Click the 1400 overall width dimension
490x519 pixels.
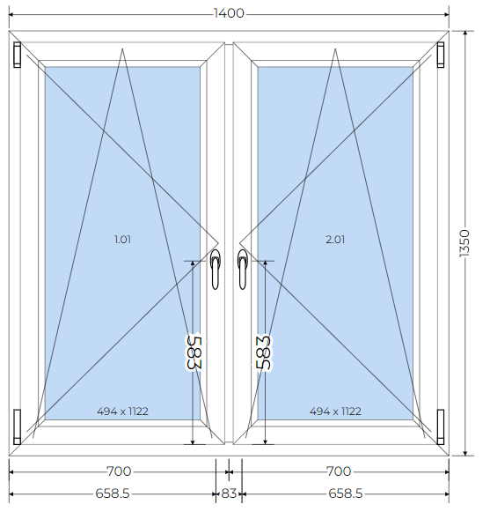click(x=229, y=13)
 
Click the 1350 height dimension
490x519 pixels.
click(x=464, y=243)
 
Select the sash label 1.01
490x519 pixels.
click(x=122, y=240)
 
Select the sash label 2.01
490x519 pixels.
click(x=335, y=240)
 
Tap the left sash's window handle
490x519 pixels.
click(x=216, y=270)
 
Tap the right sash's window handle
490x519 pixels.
click(x=242, y=270)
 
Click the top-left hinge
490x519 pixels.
click(x=18, y=55)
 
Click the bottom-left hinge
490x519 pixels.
click(x=18, y=427)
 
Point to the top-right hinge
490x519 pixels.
click(x=441, y=55)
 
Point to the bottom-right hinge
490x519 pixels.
click(x=441, y=427)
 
